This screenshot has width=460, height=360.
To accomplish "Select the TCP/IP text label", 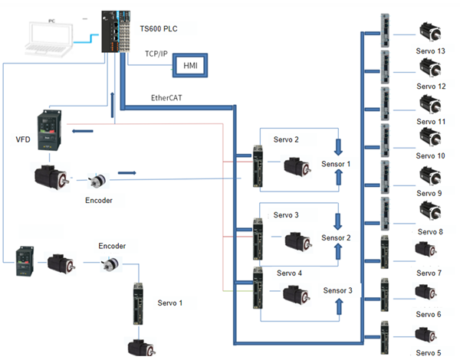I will click(159, 54).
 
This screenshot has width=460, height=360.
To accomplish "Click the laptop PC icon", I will click(48, 38).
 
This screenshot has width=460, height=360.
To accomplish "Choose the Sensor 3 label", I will click(338, 290).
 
